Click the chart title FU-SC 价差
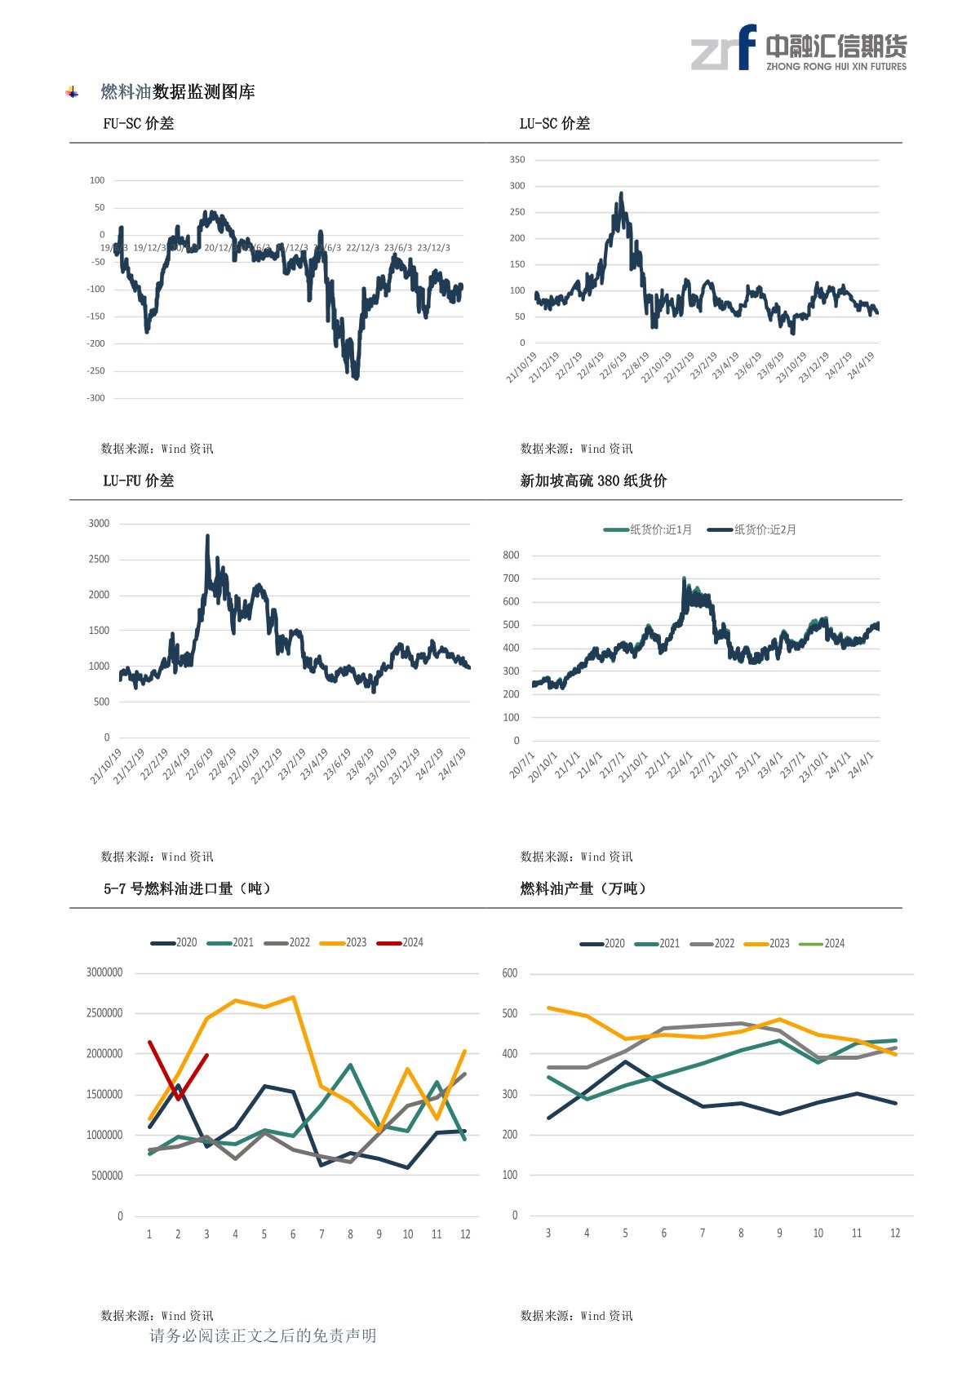138,124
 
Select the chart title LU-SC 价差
555,124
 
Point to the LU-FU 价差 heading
138,481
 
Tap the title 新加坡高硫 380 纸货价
593,481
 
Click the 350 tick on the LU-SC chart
517,160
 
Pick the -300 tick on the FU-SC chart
96,398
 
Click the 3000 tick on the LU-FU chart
99,524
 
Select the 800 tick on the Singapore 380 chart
512,556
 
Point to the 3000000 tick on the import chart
104,972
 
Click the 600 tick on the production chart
510,973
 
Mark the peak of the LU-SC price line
622,194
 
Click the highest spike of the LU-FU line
207,536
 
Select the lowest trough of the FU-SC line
357,378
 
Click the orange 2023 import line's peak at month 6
293,997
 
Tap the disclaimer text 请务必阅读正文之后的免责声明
263,1335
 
